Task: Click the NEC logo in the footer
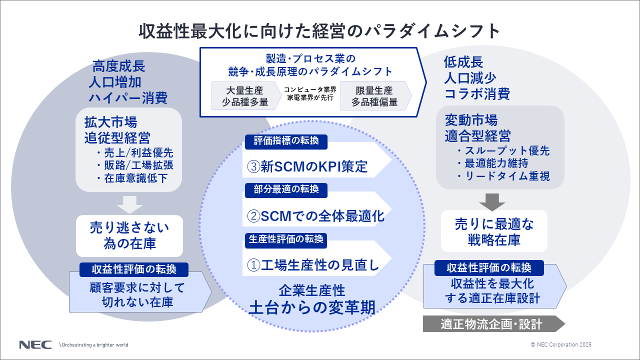pos(35,344)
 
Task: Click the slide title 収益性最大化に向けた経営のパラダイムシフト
pos(319,31)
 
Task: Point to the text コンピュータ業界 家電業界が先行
pos(309,94)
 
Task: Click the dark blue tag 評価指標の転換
pos(286,141)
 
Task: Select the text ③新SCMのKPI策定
pos(307,166)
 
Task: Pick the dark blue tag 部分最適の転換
pos(286,190)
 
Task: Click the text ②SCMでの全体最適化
pos(315,216)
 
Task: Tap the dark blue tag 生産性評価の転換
pos(286,239)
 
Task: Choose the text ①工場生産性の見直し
pos(313,265)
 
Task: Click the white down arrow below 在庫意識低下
pos(129,205)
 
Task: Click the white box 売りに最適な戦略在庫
pos(494,231)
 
